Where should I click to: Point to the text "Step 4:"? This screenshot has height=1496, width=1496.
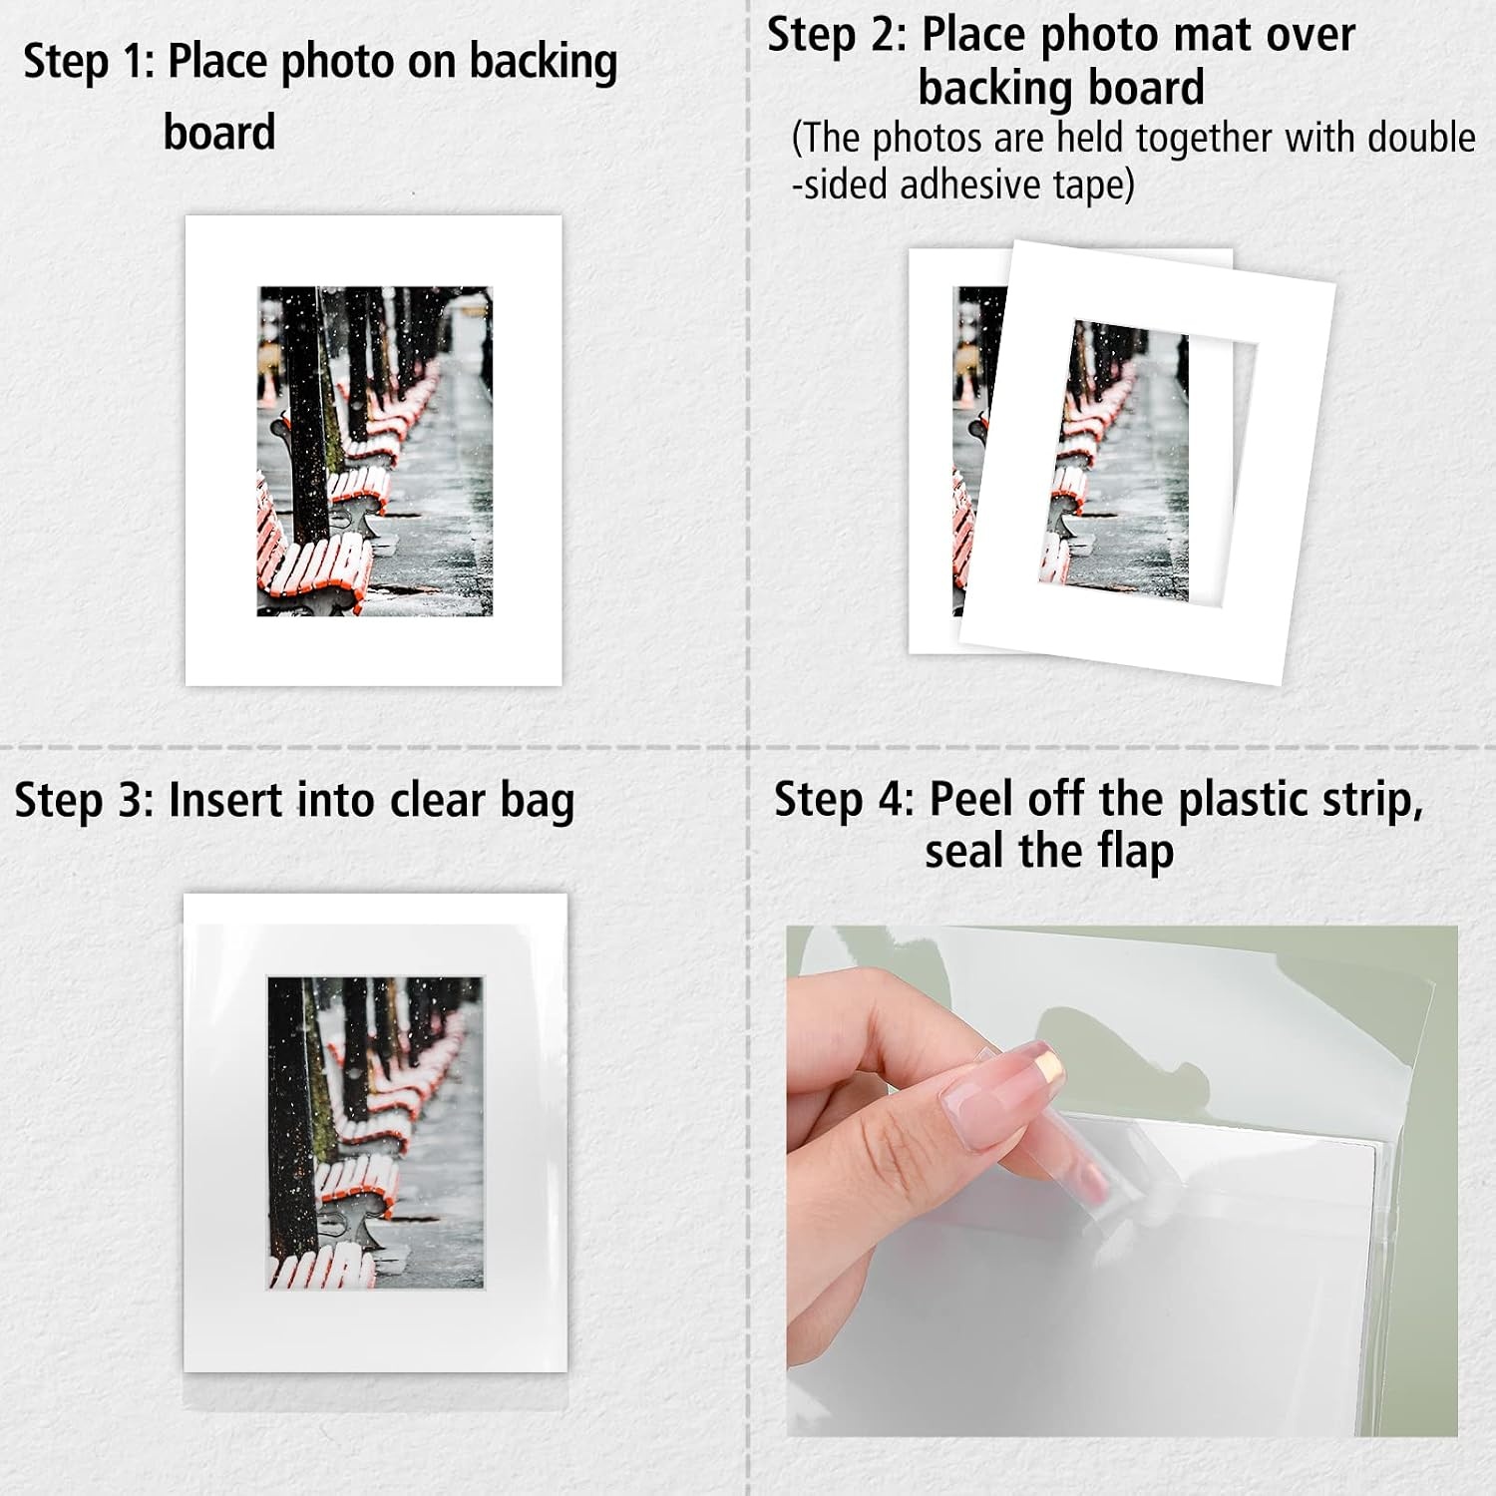click(x=844, y=800)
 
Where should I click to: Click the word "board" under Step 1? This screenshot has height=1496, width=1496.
click(x=219, y=133)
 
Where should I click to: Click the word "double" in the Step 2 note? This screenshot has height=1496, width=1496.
click(x=1421, y=138)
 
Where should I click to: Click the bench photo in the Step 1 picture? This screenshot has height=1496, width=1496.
click(x=375, y=451)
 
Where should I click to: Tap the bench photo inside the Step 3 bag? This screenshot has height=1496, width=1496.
click(x=375, y=1133)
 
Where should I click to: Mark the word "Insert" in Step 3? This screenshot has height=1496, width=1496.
click(x=223, y=801)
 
